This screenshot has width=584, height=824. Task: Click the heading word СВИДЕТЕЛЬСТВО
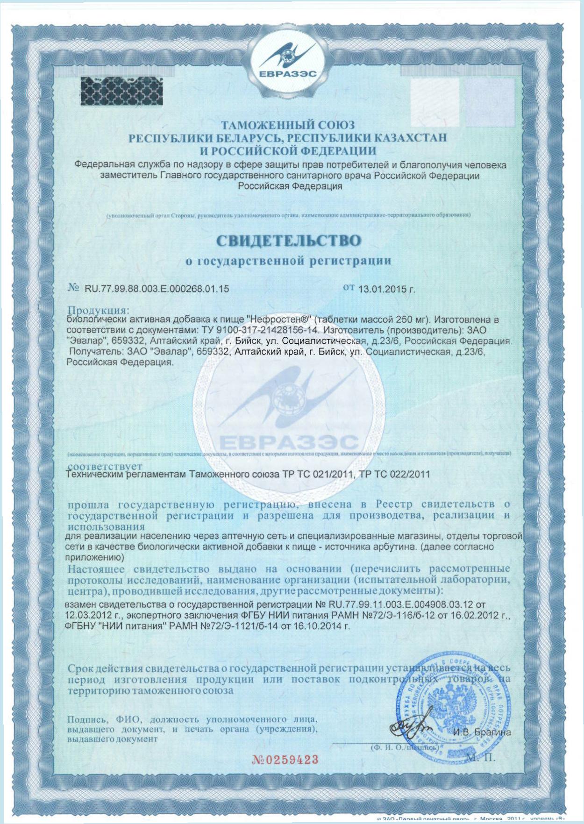tap(288, 241)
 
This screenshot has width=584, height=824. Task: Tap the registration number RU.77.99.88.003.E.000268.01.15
tap(157, 289)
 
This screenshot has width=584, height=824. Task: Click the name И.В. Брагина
tap(482, 732)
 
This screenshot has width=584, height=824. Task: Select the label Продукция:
tap(98, 310)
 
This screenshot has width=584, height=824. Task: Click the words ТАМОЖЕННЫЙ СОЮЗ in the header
tap(288, 125)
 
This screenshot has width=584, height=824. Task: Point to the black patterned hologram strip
tap(122, 91)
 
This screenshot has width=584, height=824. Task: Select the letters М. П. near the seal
tap(481, 758)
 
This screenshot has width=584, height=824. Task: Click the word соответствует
tap(105, 466)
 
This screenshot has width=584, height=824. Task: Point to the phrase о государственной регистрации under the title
tap(288, 261)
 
